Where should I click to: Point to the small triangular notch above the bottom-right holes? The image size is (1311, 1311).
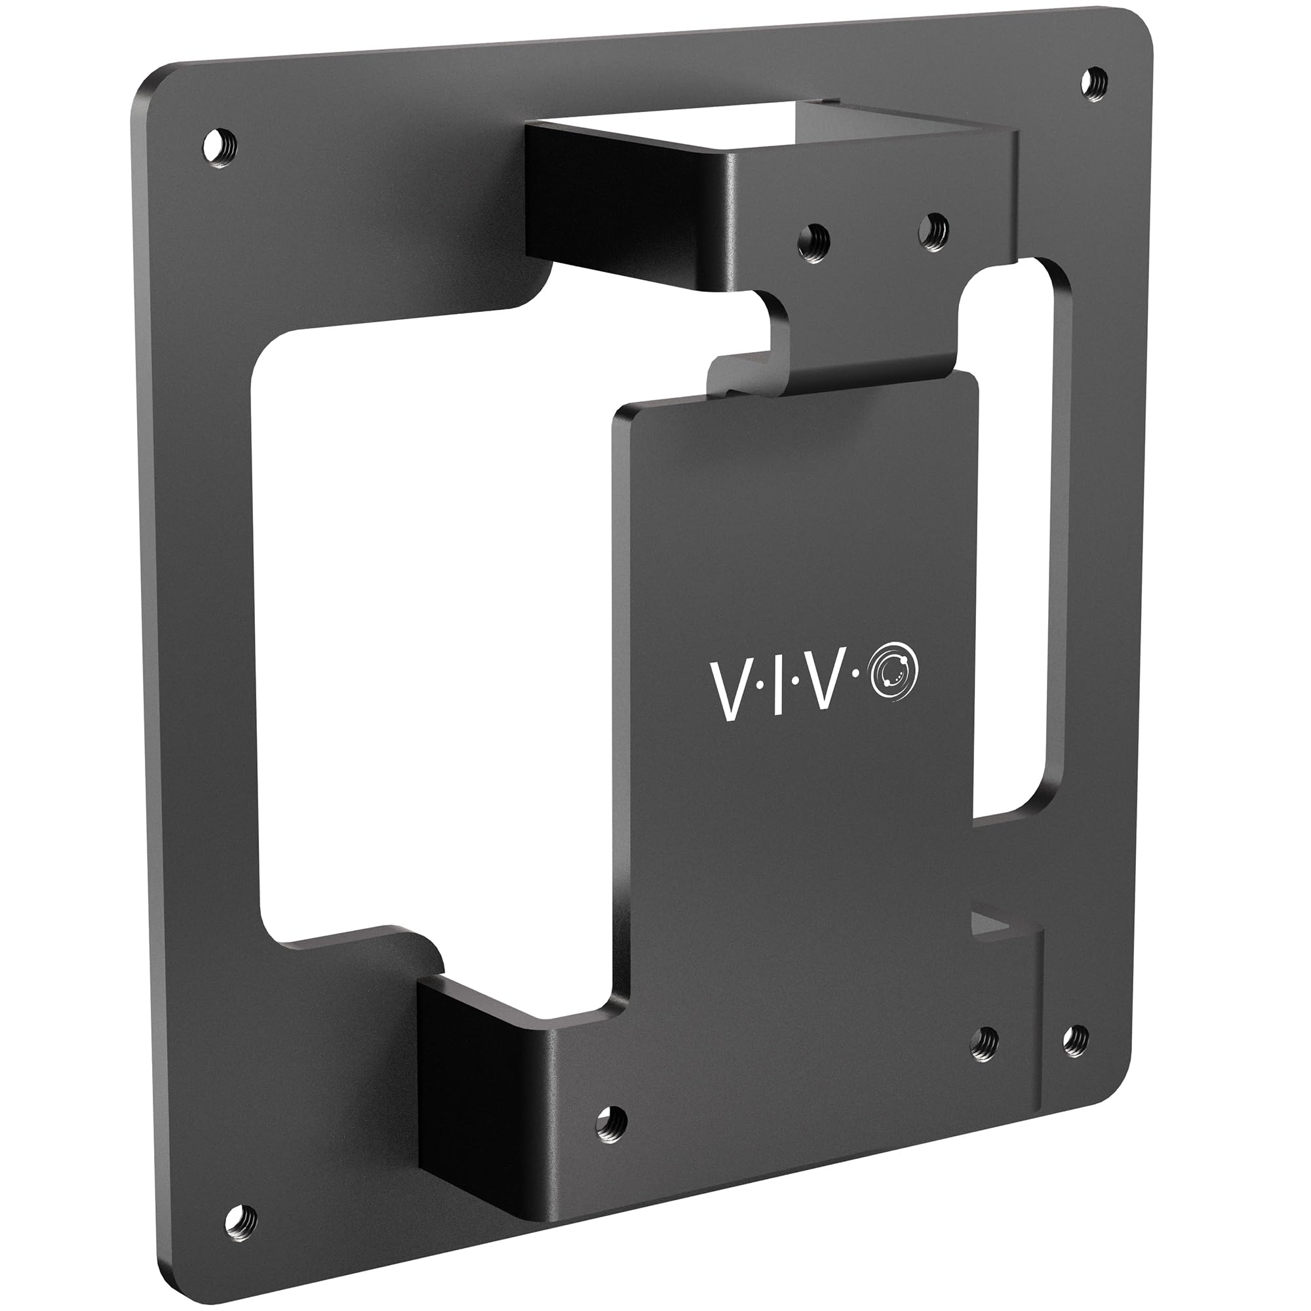point(988,924)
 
